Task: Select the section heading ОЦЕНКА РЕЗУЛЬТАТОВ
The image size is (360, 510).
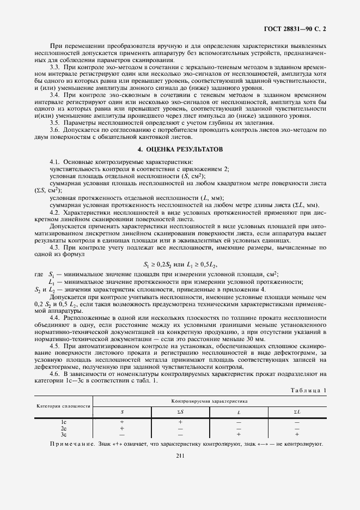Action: tap(180, 149)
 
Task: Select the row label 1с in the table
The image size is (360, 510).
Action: tap(63, 422)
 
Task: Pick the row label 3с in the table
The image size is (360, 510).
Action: tap(63, 434)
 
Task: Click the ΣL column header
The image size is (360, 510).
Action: tap(297, 412)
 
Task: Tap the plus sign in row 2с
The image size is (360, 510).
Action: tap(122, 428)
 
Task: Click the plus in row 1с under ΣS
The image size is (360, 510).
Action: tap(180, 422)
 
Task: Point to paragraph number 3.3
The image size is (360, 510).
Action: tap(54, 66)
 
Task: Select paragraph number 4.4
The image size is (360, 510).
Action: tap(54, 317)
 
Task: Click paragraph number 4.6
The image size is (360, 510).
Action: tap(54, 373)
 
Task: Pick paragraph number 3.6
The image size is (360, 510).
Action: tap(54, 130)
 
